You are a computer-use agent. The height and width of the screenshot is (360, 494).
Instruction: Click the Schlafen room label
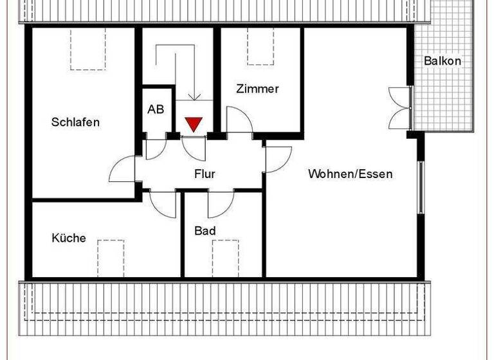click(75, 122)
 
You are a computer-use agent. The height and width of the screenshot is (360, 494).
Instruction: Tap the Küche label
click(69, 238)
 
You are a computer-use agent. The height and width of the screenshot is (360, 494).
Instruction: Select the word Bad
click(205, 231)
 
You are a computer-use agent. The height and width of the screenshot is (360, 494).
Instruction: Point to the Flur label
click(205, 174)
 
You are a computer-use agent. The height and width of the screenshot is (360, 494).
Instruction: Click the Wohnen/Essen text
click(350, 174)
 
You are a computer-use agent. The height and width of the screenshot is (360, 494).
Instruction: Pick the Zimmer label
click(257, 89)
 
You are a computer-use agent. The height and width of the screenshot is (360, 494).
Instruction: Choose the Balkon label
click(442, 61)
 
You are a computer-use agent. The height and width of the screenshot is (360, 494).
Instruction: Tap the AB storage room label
click(156, 109)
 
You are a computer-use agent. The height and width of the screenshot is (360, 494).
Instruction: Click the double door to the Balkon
click(401, 108)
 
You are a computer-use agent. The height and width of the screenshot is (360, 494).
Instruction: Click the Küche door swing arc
click(163, 204)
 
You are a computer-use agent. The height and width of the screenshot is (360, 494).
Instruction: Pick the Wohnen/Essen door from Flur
click(278, 159)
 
